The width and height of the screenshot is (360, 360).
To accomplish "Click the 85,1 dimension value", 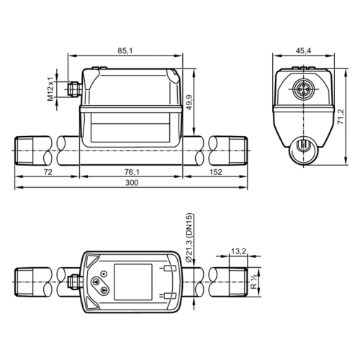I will [x=124, y=50].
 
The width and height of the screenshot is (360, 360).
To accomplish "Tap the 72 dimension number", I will [x=48, y=173].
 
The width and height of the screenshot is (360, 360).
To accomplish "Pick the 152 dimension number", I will [x=216, y=173].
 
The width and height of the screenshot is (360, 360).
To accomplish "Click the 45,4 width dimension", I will [x=303, y=50].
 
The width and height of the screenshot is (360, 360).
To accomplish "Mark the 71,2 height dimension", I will [x=341, y=115].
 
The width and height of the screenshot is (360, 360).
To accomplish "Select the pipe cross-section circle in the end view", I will [x=303, y=148].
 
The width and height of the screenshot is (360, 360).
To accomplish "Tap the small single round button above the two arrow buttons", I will [x=103, y=272].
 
